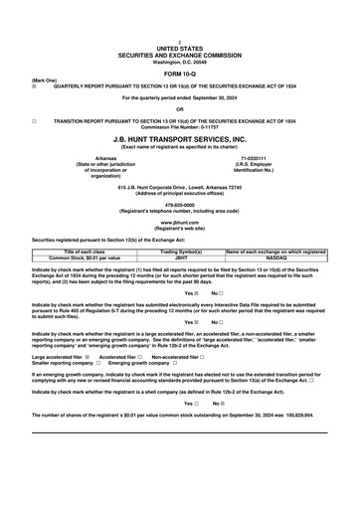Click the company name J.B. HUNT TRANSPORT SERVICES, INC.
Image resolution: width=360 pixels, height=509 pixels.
[x=180, y=139]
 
